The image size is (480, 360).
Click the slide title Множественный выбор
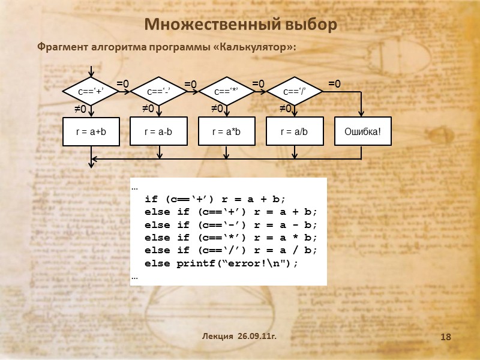coord(241,25)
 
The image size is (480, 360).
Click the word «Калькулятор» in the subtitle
coord(254,47)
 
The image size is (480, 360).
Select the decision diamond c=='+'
coord(91,92)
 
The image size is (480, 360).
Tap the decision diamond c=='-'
coord(159,92)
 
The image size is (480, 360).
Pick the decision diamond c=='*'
coord(226,92)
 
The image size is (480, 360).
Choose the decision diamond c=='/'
coord(294,92)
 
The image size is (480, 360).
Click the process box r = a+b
coord(91,131)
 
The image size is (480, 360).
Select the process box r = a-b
coord(158,131)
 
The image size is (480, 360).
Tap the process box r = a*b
coord(226,131)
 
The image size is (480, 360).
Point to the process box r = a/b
coord(294,131)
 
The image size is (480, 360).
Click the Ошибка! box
coord(362,131)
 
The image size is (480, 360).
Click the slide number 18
coord(445,338)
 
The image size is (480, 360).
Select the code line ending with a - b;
coord(231,225)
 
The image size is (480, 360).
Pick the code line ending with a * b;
coord(231,238)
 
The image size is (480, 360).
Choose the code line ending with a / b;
coord(231,250)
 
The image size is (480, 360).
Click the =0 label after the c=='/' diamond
coord(334,84)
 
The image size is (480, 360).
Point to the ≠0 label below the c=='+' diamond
coord(80,109)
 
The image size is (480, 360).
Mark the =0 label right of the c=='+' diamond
coord(122,84)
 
